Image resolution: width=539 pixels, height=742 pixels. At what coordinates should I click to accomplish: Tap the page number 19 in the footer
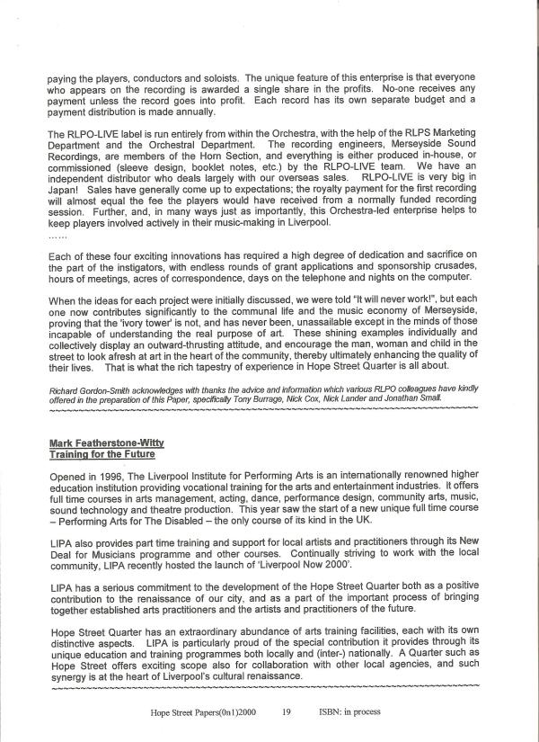pyautogui.click(x=286, y=711)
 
